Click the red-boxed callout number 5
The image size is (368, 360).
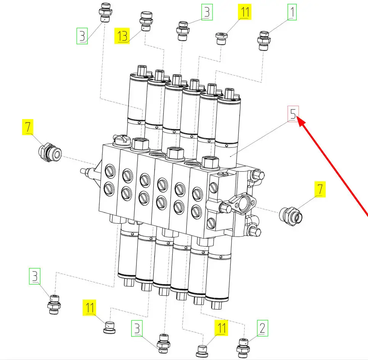293,114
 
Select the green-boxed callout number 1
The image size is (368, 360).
292,12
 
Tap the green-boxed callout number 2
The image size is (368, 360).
262,328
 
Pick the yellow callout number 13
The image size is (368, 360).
122,36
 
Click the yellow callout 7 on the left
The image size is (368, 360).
28,127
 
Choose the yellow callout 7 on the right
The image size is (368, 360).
320,189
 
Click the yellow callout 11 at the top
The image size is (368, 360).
244,12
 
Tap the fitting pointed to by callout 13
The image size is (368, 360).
146,21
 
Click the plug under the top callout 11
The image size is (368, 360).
221,39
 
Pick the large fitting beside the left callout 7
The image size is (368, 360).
50,152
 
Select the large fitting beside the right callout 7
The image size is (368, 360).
291,216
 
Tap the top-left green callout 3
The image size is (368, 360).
82,36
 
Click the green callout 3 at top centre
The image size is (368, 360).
207,12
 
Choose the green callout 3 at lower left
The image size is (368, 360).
35,276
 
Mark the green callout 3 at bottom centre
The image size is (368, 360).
137,328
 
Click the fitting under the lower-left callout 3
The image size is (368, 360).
54,305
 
